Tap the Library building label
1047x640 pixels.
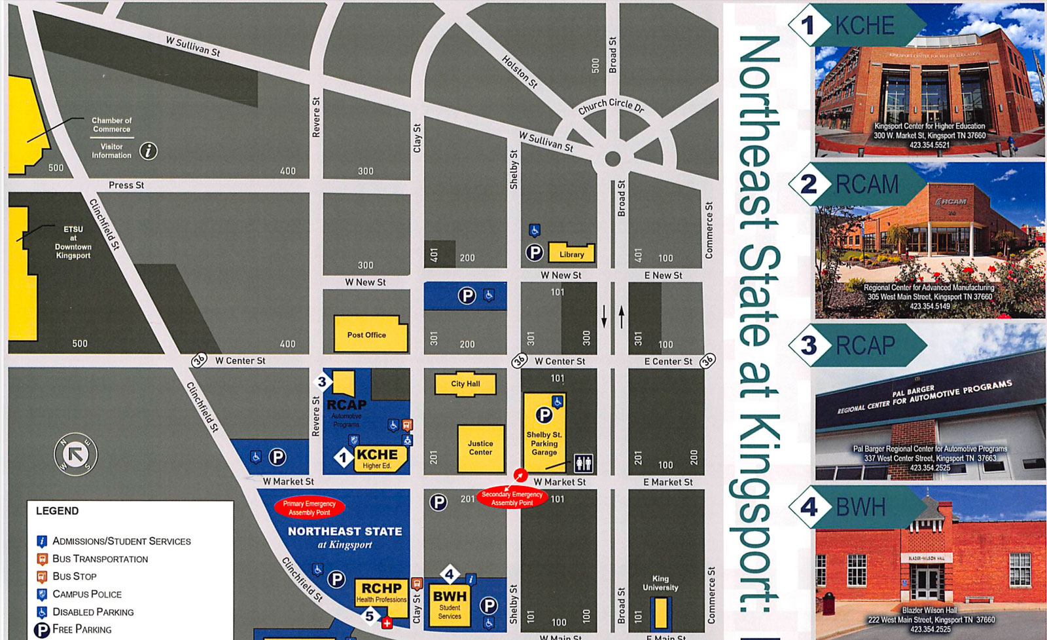[x=571, y=254]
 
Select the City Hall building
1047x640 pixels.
[x=465, y=384]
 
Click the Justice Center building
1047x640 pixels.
[x=480, y=448]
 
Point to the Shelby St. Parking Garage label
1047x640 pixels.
[x=544, y=443]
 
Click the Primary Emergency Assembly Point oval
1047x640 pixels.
[x=310, y=508]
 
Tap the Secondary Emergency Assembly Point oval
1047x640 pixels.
[x=512, y=499]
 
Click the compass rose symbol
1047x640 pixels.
[x=76, y=454]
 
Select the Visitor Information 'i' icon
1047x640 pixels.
[x=149, y=151]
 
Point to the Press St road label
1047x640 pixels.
[x=126, y=185]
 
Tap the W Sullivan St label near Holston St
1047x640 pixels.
[x=546, y=141]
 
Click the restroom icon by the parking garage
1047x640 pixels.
[x=583, y=463]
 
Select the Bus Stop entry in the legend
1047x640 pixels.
[x=74, y=576]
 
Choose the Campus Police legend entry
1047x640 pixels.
[x=86, y=594]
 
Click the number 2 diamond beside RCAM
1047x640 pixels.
[x=809, y=184]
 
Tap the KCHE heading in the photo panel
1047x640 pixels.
[x=864, y=26]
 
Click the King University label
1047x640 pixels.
[x=660, y=583]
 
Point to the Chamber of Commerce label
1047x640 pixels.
[x=111, y=124]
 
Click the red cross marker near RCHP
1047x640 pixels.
[x=387, y=623]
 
